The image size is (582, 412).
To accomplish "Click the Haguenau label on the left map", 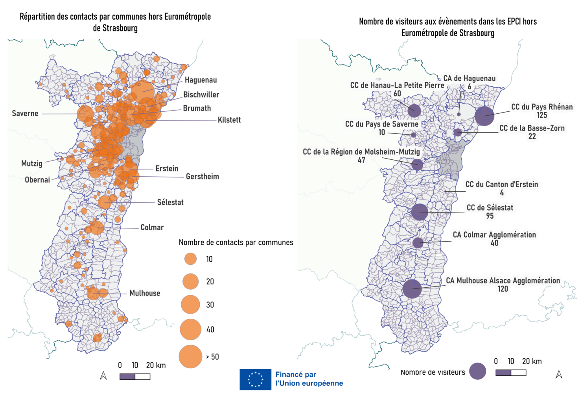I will click(201, 80).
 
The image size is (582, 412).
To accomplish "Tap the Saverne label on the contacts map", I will click(25, 114).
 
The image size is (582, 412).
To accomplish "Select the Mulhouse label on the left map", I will click(145, 293).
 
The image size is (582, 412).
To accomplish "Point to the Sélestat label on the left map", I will click(170, 202).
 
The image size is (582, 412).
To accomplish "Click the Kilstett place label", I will click(229, 120).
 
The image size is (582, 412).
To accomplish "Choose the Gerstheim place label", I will click(202, 177).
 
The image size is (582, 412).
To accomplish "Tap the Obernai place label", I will click(37, 180).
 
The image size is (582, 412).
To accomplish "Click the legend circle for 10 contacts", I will click(190, 259).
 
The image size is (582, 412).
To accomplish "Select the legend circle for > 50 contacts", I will click(190, 357).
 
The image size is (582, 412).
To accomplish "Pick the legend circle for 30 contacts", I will click(190, 305).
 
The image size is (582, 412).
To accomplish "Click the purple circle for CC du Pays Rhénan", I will click(484, 116).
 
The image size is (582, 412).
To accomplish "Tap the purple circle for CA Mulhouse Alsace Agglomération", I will click(412, 289).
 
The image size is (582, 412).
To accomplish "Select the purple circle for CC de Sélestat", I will click(420, 212).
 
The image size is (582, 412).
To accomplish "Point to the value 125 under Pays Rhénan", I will click(542, 115).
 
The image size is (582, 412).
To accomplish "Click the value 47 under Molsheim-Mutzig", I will click(361, 160).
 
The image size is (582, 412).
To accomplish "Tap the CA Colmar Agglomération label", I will click(494, 235).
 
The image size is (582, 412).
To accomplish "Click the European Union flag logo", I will click(255, 379).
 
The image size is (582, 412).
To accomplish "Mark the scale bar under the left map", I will click(135, 377).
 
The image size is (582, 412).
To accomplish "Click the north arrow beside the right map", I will click(559, 375).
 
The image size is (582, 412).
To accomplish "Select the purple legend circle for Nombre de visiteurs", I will click(477, 371).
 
